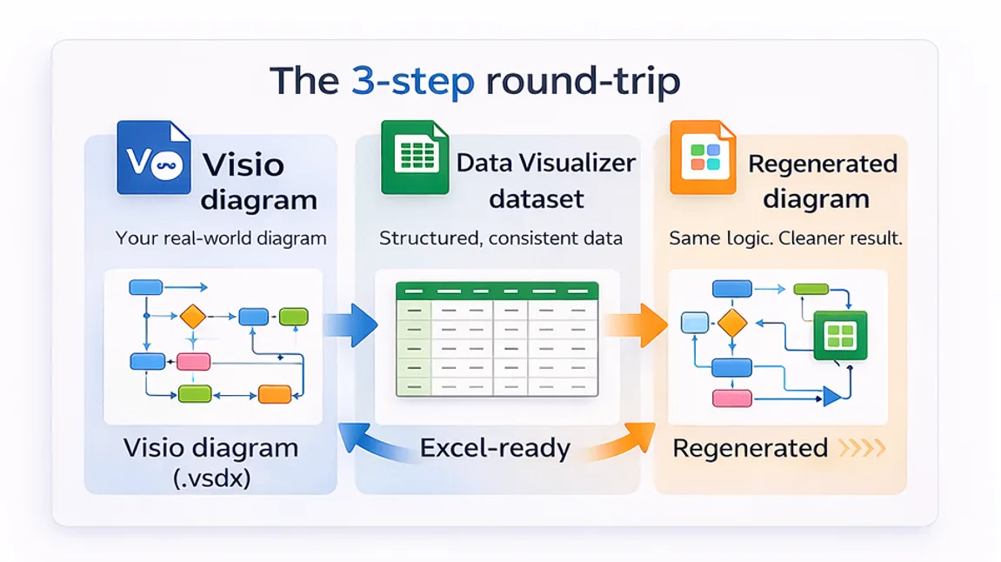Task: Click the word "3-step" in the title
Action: click(413, 81)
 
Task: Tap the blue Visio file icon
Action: click(154, 158)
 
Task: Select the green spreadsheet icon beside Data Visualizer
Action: click(415, 158)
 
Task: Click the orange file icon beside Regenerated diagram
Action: click(703, 158)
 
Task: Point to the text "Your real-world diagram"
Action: click(221, 238)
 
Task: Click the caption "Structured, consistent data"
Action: click(500, 238)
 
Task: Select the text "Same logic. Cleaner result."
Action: click(785, 238)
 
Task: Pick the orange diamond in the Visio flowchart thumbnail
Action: click(192, 317)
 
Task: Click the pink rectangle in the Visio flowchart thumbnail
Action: click(193, 362)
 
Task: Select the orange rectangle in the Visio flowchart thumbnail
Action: click(275, 393)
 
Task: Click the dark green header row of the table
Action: click(497, 291)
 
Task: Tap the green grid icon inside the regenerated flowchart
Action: click(840, 335)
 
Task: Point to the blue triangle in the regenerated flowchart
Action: click(832, 398)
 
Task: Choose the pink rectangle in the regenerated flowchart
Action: click(731, 398)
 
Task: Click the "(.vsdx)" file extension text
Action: click(210, 478)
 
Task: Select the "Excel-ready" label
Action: click(495, 448)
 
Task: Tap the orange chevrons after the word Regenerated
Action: click(862, 449)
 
